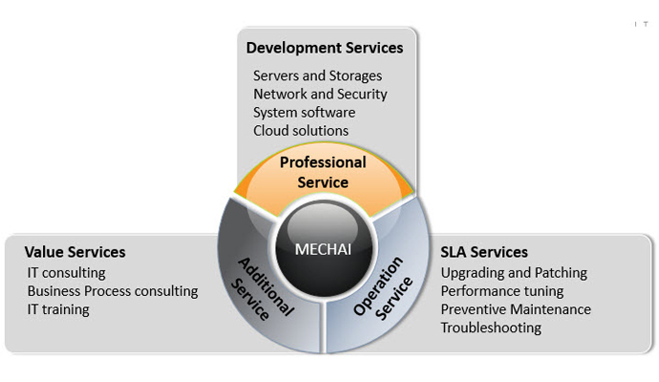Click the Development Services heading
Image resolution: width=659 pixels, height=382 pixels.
pyautogui.click(x=325, y=48)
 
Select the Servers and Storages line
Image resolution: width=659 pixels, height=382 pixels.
pyautogui.click(x=317, y=75)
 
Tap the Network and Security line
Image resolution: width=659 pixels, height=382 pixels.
pyautogui.click(x=320, y=94)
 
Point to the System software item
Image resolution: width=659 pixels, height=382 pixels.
pyautogui.click(x=304, y=112)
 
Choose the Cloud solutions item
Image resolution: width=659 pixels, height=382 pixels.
pyautogui.click(x=301, y=130)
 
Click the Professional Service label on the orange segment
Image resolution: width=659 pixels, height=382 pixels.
pyautogui.click(x=323, y=172)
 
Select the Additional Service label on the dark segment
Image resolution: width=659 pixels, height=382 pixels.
pyautogui.click(x=265, y=286)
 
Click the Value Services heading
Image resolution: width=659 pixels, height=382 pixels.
pyautogui.click(x=74, y=252)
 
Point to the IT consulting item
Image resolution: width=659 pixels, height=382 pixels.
pyautogui.click(x=66, y=273)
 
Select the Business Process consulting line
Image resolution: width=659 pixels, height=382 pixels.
pyautogui.click(x=113, y=291)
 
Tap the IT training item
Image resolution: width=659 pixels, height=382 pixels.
pyautogui.click(x=58, y=309)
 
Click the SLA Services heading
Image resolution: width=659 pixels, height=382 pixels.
pyautogui.click(x=484, y=252)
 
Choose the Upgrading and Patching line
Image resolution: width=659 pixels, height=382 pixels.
pyautogui.click(x=514, y=273)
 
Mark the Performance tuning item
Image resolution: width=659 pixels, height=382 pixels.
pyautogui.click(x=502, y=291)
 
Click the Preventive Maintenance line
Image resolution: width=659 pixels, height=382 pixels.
pyautogui.click(x=516, y=309)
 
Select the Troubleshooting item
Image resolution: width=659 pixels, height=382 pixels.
pyautogui.click(x=491, y=328)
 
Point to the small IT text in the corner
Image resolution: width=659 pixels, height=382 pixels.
pyautogui.click(x=641, y=24)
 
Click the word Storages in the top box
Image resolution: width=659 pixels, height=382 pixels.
pyautogui.click(x=354, y=75)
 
